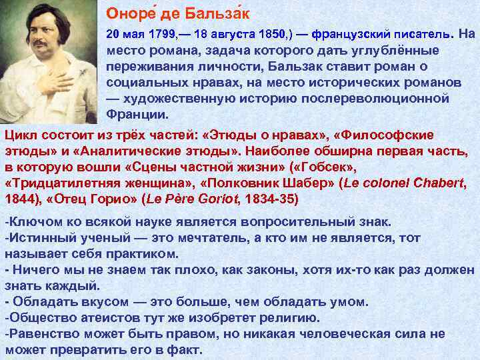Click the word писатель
417,33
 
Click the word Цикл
21,135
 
